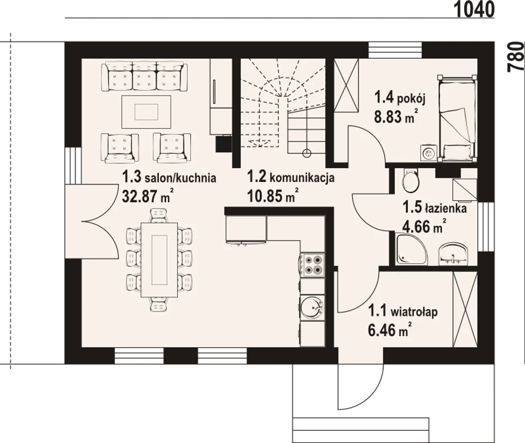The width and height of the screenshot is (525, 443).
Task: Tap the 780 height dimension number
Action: pos(515,57)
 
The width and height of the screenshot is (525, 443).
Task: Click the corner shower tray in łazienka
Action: pos(411,249)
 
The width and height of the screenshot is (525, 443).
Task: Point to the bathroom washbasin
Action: pos(453,254)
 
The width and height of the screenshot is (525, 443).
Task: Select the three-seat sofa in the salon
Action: pos(144,77)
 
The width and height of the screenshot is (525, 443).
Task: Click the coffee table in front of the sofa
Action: pos(146,112)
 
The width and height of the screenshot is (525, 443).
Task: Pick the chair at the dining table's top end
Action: pos(159,216)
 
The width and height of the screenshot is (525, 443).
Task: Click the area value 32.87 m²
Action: pos(148,196)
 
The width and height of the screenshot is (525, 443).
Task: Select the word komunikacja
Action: pos(302,177)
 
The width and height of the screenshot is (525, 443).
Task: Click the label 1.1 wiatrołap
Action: pos(403,312)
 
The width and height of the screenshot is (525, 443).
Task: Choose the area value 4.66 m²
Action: pos(425,226)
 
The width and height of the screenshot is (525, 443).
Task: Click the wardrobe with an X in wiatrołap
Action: pos(465,310)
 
